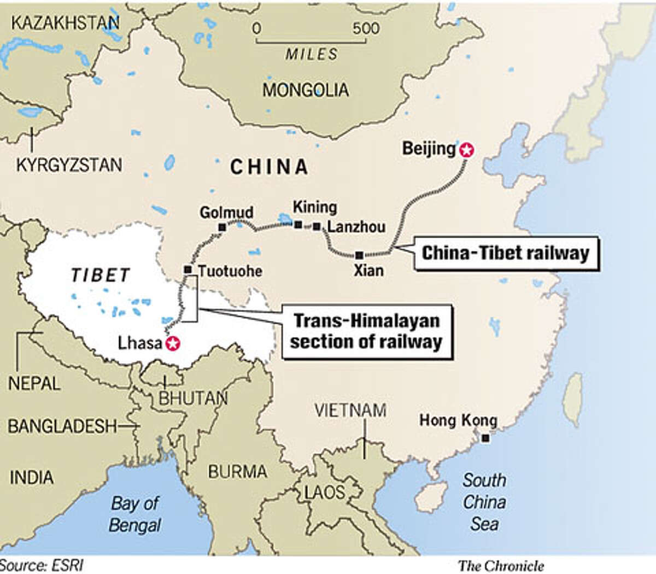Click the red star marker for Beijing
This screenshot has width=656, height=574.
point(466,150)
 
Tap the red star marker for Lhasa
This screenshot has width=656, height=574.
point(173,343)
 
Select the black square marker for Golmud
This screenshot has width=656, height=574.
point(222,227)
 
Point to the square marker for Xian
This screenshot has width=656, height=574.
point(359,255)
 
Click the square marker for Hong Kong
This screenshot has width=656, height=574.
point(485,438)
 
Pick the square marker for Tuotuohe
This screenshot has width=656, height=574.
point(188,270)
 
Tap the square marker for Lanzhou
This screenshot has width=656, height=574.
point(317,226)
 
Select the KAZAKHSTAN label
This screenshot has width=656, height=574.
point(65,23)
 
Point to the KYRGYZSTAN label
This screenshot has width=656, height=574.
point(69,165)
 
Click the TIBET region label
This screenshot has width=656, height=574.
point(100,275)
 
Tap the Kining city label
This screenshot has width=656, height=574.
point(315,207)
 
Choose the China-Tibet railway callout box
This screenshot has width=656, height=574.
point(506,253)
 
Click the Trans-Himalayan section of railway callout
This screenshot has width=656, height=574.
point(366,331)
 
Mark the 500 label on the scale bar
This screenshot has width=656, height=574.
point(366,28)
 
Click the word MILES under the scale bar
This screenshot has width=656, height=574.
point(312,54)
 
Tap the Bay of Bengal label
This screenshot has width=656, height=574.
point(135,514)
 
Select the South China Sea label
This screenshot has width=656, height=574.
point(484,502)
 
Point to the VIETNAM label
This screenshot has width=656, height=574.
point(350,410)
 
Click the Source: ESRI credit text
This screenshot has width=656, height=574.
point(42,565)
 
